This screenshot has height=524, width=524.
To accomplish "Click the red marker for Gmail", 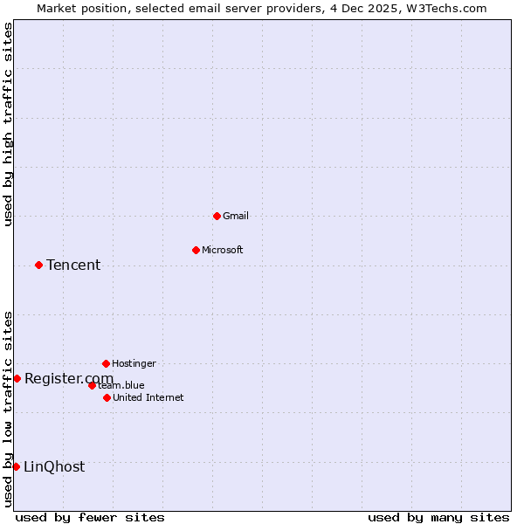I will [217, 216].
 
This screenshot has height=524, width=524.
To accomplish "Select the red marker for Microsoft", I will [196, 250].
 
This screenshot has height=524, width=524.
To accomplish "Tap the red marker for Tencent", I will [38, 265].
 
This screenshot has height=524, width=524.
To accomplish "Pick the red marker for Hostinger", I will [106, 363].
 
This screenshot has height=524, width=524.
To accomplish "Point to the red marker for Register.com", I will [17, 378].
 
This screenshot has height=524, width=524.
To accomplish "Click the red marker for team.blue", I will [92, 385].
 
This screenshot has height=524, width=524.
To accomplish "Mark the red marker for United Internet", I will [107, 397].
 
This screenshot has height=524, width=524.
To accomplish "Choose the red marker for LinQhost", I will [16, 466].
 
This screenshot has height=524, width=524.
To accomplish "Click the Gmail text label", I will [236, 216].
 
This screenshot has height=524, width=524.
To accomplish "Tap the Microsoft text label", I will [223, 250].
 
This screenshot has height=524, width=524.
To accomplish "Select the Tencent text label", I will [73, 265].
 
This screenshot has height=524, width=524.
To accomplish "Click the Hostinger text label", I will [134, 363].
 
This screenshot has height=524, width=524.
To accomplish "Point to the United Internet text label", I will [148, 397].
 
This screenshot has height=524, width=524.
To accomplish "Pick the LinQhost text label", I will [54, 466].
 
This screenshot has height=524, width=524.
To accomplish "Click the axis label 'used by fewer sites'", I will [90, 517].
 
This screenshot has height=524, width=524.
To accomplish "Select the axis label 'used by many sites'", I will [438, 517].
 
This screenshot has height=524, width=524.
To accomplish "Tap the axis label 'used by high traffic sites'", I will [8, 124].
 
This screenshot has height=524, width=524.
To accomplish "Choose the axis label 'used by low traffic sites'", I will [8, 409].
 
